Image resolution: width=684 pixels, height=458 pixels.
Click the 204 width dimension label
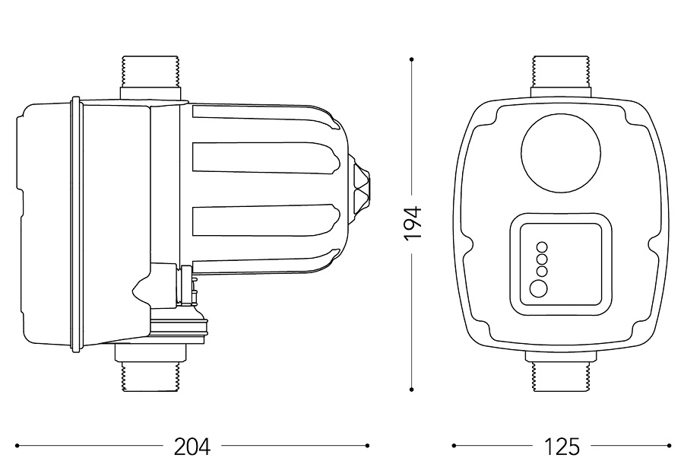192,446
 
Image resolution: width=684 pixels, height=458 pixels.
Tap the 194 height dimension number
413,223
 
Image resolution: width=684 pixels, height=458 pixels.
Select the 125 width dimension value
562,446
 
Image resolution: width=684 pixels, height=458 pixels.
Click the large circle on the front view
561,153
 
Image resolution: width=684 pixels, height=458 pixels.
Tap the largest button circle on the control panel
538,288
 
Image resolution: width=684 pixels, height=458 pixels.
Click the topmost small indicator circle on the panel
542,247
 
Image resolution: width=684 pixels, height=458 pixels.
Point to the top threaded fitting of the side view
150,78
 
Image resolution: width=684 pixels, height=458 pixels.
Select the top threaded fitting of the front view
561,76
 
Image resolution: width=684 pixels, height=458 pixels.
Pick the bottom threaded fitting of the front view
561,371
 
